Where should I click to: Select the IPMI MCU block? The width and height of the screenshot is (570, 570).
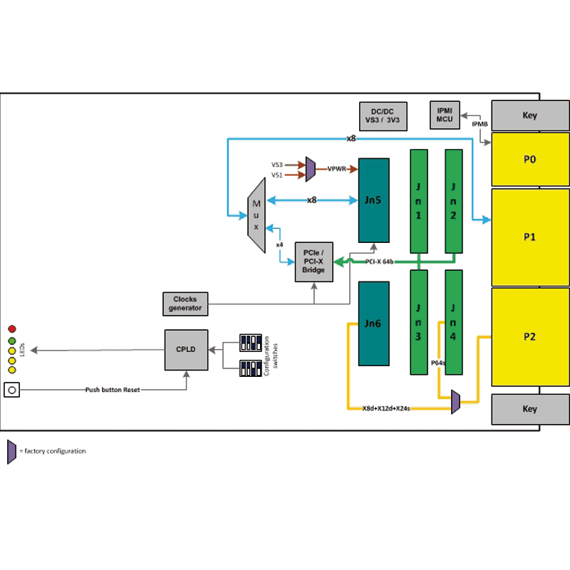445,116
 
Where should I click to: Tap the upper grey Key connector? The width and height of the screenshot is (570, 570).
530,115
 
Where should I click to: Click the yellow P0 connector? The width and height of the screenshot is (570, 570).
530,160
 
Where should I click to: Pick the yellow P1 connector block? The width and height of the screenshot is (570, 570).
530,237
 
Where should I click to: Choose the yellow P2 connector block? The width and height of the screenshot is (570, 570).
530,336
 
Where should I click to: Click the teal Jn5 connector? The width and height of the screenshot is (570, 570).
373,201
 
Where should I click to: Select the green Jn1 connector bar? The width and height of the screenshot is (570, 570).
418,202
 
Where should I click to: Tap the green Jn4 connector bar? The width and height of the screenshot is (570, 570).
454,322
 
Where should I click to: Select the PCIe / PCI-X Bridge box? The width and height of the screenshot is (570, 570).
314,261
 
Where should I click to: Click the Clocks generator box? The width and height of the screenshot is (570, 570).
186,304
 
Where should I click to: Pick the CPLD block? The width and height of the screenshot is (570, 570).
186,349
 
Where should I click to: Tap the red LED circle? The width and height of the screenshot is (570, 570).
12,328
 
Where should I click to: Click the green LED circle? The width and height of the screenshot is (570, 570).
12,341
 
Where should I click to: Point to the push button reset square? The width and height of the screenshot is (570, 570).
11,390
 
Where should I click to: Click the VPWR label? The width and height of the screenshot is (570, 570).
337,170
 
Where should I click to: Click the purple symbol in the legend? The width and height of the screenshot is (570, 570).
11,451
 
